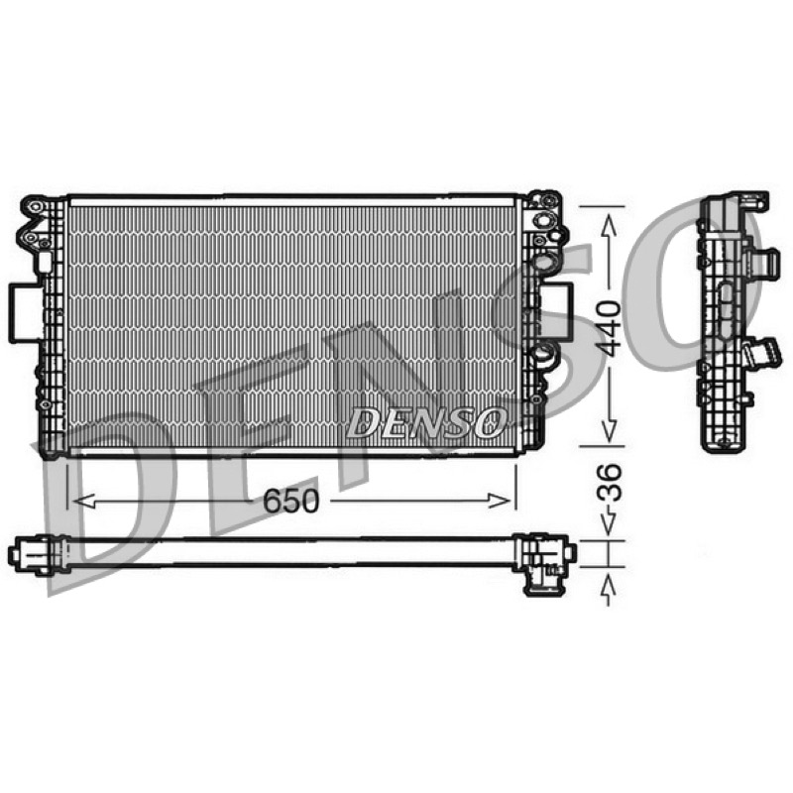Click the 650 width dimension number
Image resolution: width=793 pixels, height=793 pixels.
tap(290, 501)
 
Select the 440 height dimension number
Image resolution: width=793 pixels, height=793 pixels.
tap(608, 328)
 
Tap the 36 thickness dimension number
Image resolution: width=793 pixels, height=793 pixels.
tap(610, 482)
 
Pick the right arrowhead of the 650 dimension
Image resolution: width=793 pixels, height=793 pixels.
tap(500, 501)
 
